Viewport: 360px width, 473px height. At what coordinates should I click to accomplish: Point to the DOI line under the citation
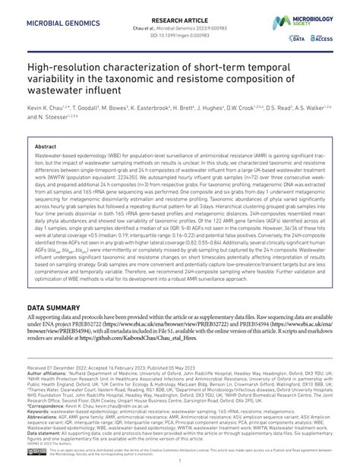coord(180,25)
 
